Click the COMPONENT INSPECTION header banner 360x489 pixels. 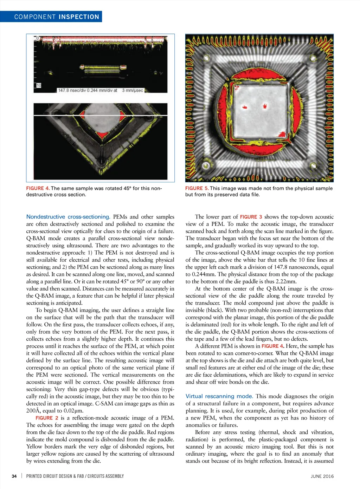coord(56,17)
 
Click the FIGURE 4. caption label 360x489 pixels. coord(38,188)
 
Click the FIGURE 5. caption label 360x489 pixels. coord(197,188)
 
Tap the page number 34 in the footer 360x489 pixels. coord(14,476)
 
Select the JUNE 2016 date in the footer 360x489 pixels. coord(322,476)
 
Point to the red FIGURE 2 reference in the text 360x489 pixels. coord(47,418)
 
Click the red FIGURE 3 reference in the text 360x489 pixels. coord(251,217)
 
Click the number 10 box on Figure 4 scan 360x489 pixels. coord(39,85)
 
